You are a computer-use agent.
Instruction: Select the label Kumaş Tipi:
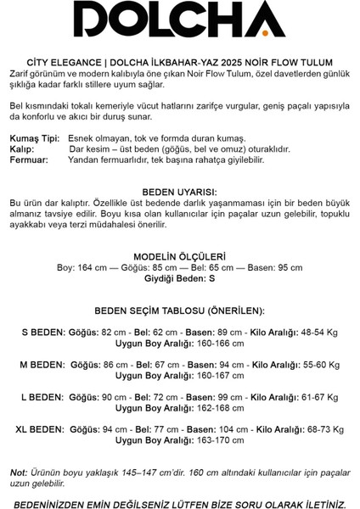pyautogui.click(x=35, y=138)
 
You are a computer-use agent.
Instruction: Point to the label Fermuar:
pyautogui.click(x=31, y=159)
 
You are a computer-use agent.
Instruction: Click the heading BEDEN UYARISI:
pyautogui.click(x=180, y=193)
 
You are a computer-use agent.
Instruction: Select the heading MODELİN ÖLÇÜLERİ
pyautogui.click(x=180, y=255)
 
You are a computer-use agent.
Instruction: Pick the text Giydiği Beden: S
pyautogui.click(x=180, y=277)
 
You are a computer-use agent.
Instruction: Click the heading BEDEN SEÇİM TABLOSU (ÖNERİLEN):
pyautogui.click(x=180, y=310)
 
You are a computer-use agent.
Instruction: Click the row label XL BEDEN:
pyautogui.click(x=38, y=428)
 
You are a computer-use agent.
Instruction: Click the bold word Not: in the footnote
pyautogui.click(x=19, y=470)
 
